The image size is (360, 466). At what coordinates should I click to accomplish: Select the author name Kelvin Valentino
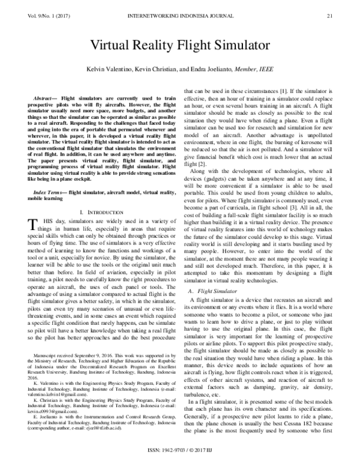tap(109, 69)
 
